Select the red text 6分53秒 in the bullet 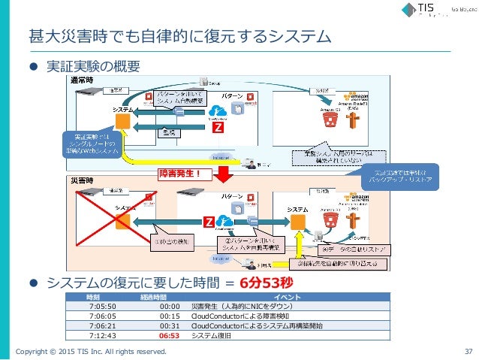(x=265, y=283)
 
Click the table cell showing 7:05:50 (x=101, y=307)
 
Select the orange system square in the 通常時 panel (x=123, y=122)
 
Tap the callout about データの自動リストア (x=353, y=248)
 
